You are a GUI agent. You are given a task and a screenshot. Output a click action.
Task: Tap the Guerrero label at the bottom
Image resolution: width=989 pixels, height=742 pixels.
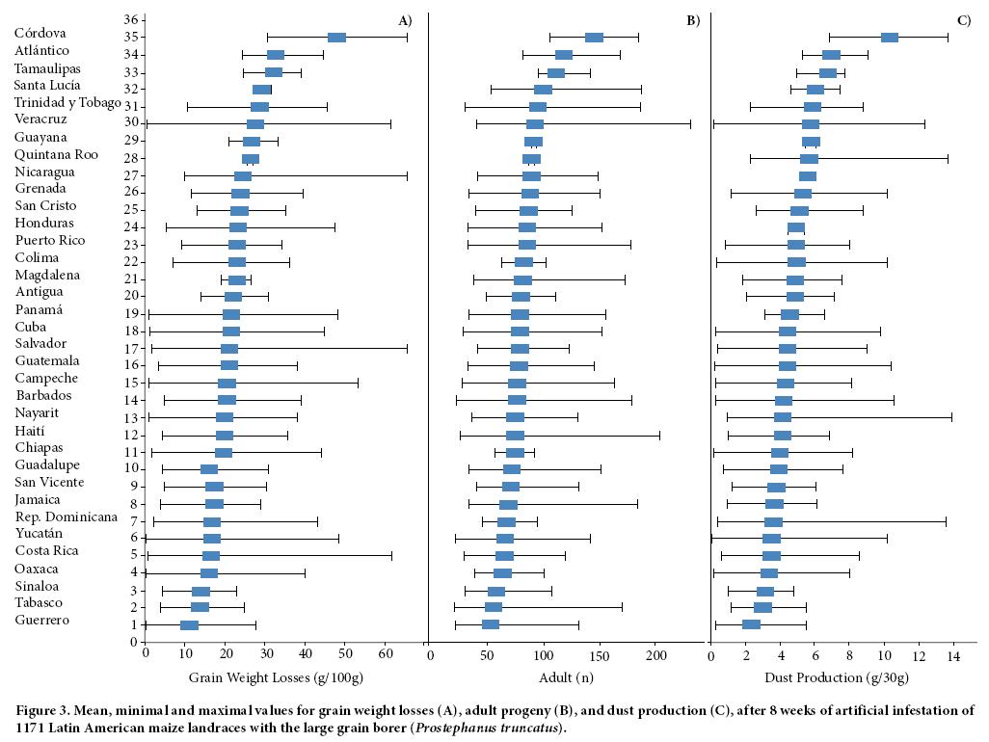42,620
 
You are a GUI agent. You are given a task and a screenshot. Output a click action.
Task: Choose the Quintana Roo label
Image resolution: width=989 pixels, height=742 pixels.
56,154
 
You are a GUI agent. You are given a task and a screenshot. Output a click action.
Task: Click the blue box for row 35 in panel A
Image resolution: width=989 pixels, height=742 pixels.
336,38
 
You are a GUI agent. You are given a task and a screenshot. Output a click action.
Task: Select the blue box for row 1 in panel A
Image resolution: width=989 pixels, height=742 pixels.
189,625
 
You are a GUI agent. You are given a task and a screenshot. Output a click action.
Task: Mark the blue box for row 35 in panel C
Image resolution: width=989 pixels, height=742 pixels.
889,38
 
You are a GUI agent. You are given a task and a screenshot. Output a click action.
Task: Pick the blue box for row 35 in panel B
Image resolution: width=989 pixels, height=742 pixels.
594,38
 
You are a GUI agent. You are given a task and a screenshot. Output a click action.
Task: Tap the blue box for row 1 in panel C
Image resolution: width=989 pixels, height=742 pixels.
751,625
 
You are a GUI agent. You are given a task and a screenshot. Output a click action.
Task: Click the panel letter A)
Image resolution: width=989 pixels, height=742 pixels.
405,20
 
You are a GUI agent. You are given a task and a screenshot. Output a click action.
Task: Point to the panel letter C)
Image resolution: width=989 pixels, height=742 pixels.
964,20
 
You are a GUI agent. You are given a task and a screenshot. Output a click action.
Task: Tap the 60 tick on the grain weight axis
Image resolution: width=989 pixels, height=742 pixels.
386,655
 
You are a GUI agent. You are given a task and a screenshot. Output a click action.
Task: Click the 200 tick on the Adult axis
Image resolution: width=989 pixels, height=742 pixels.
656,655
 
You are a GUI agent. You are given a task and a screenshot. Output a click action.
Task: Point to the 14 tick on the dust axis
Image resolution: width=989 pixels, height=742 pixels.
953,655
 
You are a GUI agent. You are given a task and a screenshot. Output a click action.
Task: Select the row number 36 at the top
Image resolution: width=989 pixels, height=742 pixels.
132,19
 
